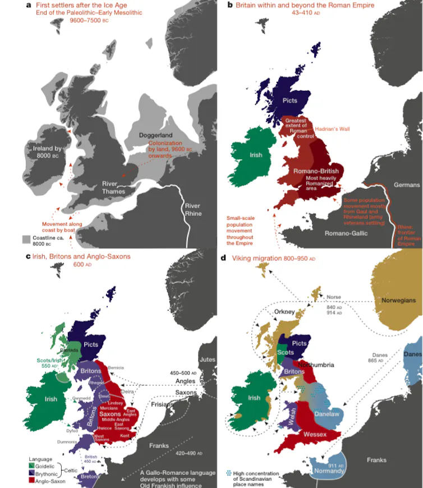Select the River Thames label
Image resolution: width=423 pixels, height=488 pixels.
click(114, 187)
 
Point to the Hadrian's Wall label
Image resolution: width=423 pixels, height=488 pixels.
click(332, 129)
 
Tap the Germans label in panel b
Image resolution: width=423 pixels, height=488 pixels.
click(406, 185)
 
